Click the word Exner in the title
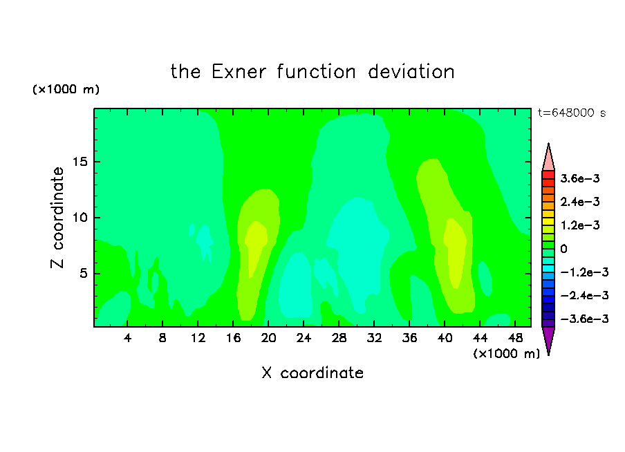tap(239, 72)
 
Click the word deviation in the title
tap(411, 72)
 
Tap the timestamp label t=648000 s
tap(572, 113)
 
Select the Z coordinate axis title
tap(57, 218)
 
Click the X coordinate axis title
tap(312, 373)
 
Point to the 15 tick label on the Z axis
tap(80, 162)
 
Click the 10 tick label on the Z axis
tap(80, 218)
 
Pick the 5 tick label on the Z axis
tap(83, 274)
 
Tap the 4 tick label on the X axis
tap(127, 338)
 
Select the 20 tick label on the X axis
tap(268, 338)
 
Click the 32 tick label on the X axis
tap(374, 338)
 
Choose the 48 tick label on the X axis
tap(515, 338)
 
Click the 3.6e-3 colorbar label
tap(580, 178)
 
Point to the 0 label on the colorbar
tap(563, 249)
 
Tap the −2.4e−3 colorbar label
tap(584, 295)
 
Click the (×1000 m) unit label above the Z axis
tap(66, 89)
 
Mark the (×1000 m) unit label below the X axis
tap(506, 354)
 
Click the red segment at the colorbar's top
tap(548, 175)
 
